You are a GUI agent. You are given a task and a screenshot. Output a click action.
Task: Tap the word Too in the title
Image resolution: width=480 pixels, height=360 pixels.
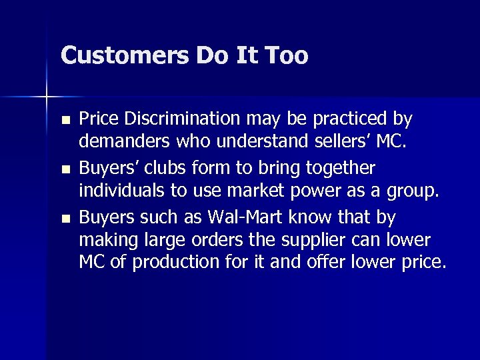286,55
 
